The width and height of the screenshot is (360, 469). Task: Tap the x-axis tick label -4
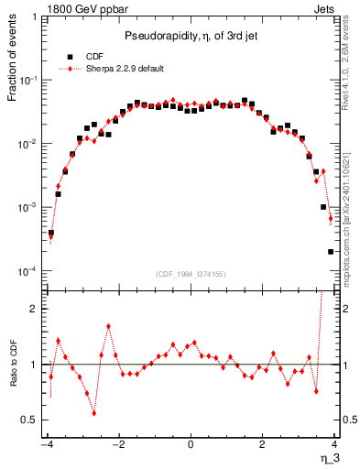click(46, 442)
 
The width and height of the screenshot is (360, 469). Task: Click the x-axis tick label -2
click(117, 442)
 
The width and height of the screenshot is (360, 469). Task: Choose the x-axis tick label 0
click(191, 442)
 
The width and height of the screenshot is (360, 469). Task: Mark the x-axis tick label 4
click(334, 442)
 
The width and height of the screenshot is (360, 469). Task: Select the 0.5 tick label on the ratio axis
click(30, 420)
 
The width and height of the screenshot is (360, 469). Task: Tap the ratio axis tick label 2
click(34, 309)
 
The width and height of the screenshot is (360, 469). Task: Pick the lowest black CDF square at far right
click(331, 251)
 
